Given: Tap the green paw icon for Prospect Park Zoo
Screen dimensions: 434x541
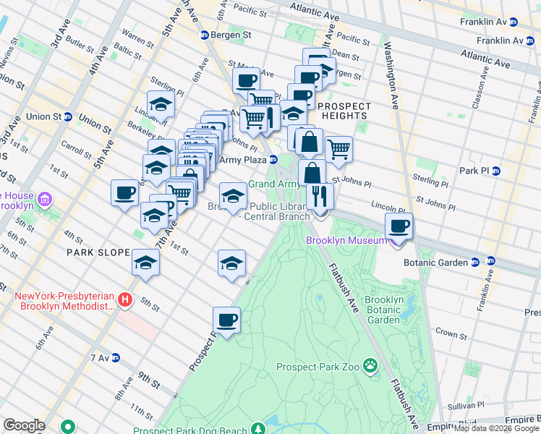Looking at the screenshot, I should tap(371, 366).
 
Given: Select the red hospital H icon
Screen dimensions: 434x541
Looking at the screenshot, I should tap(125, 299).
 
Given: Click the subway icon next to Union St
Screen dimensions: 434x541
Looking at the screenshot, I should tap(68, 116).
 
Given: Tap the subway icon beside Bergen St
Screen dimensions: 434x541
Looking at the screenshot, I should tap(205, 35).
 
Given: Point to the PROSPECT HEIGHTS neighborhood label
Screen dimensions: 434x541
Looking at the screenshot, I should tap(344, 111).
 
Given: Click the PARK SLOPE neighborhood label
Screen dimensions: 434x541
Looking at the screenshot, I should tap(98, 252).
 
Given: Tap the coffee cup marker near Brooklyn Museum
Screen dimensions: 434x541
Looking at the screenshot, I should tap(399, 226).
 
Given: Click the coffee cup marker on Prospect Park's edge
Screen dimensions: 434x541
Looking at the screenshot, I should tap(226, 320).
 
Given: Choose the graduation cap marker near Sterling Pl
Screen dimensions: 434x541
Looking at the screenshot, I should tap(161, 105).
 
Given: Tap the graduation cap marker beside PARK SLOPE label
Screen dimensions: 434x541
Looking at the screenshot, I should tap(145, 263).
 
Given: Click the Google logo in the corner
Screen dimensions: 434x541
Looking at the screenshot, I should tap(24, 425).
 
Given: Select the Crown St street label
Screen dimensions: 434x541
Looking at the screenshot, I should tap(452, 334).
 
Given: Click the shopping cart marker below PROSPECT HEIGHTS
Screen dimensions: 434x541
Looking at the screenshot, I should tap(338, 150).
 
